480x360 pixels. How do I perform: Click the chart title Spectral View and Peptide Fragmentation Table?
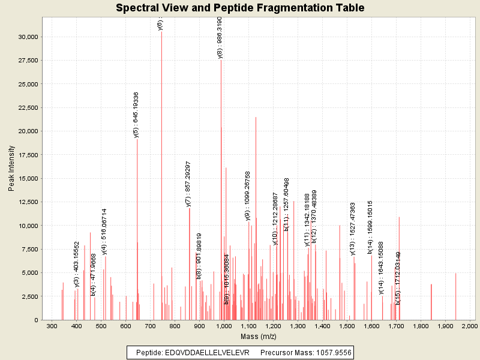pyautogui.click(x=240, y=8)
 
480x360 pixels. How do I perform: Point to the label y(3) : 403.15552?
pyautogui.click(x=77, y=265)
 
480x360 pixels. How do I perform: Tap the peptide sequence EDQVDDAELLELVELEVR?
pyautogui.click(x=209, y=352)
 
